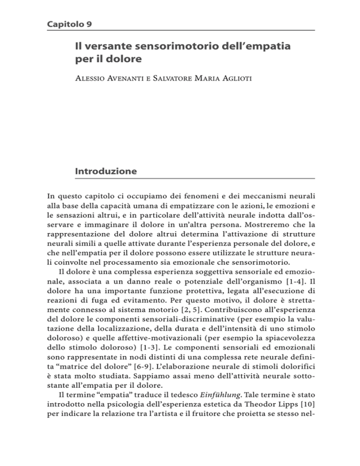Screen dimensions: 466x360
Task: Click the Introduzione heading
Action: pyautogui.click(x=106, y=172)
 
